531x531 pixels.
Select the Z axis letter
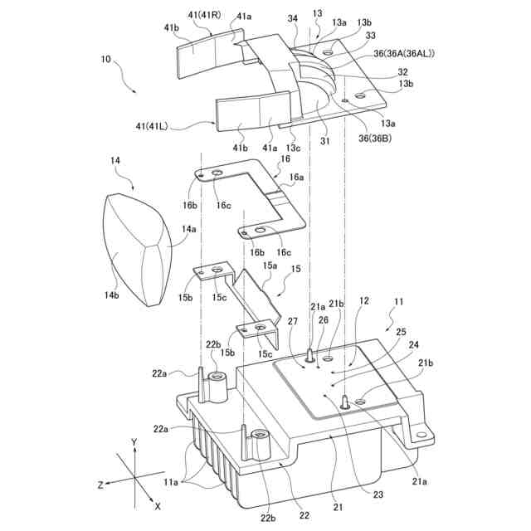[100, 484]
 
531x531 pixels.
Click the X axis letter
[158, 505]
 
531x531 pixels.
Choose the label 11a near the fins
[171, 482]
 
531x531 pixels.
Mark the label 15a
[270, 266]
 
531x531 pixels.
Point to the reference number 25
[402, 332]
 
